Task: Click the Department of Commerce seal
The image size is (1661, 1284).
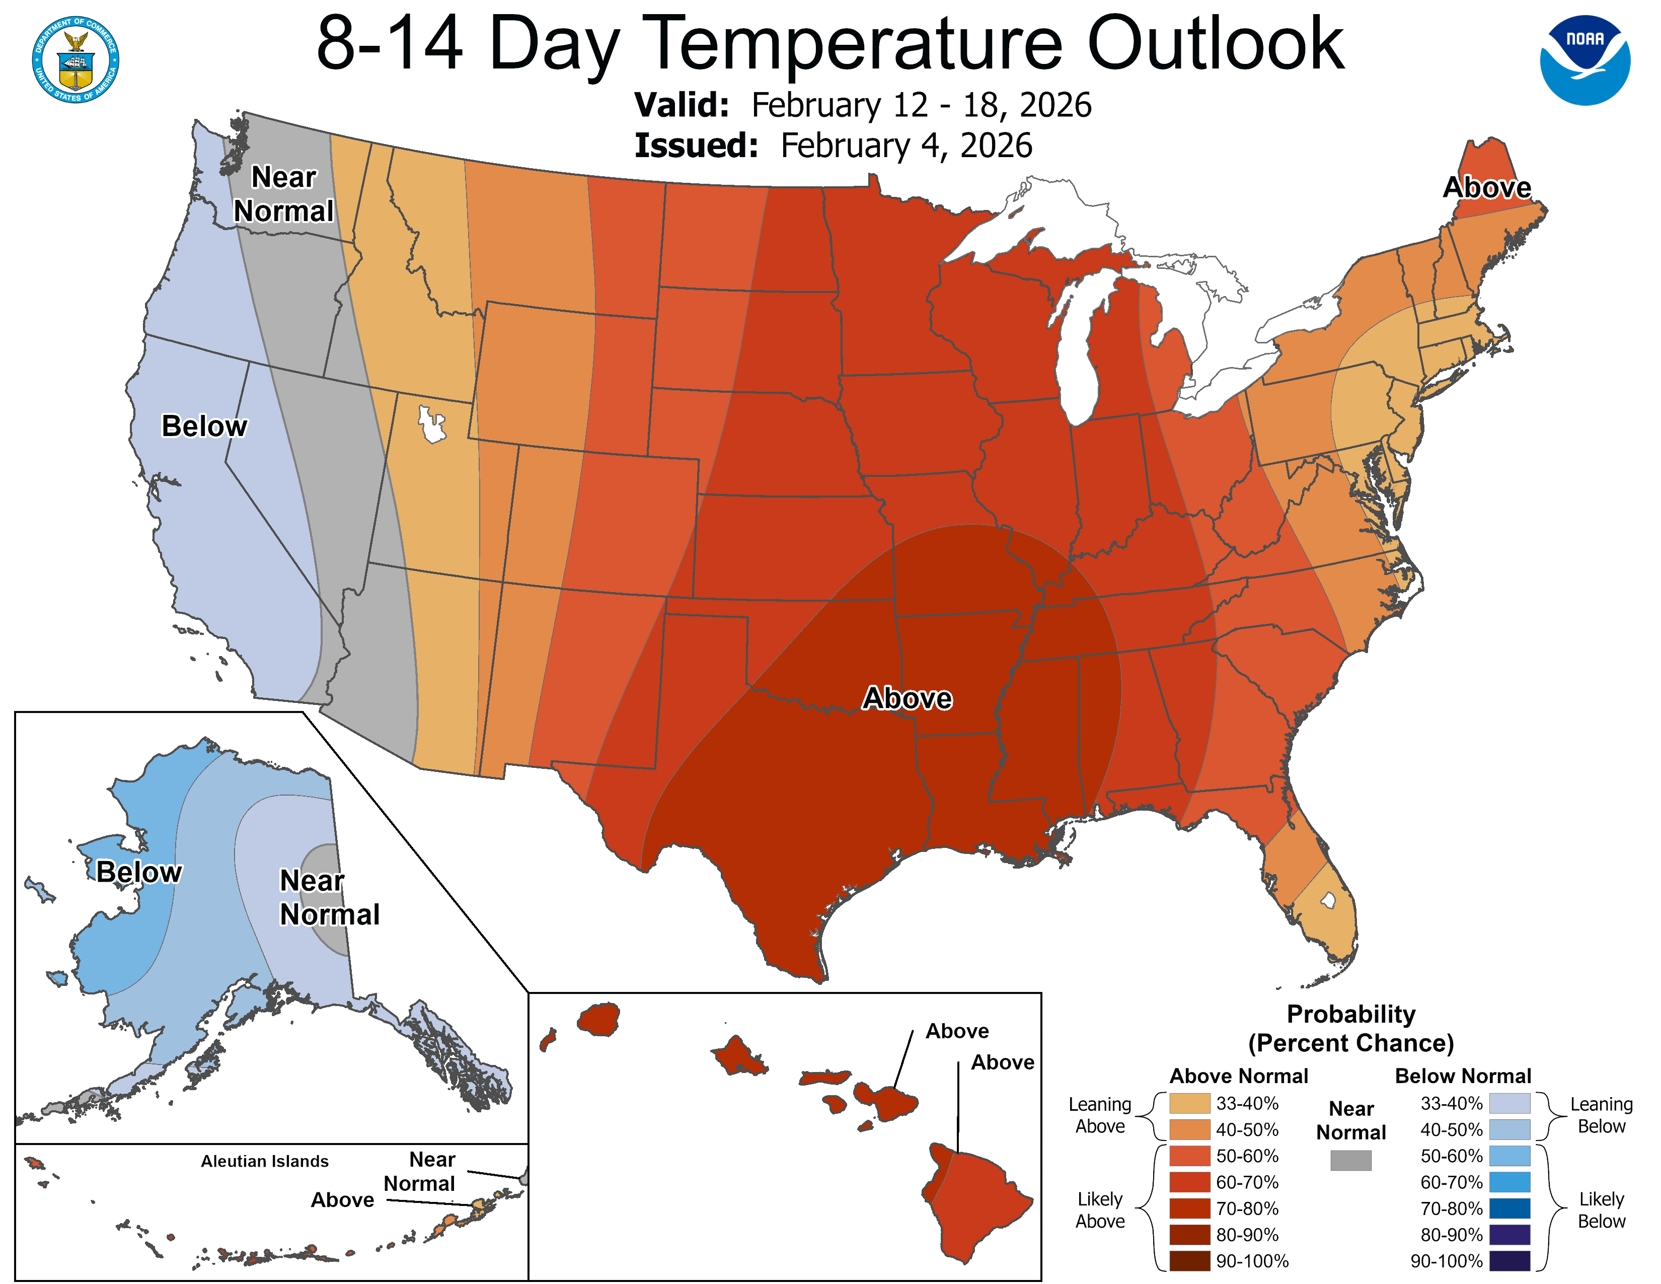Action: (75, 60)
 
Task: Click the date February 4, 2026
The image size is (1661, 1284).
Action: (906, 146)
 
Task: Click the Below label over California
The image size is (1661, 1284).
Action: (204, 426)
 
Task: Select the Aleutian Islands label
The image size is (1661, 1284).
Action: (265, 1161)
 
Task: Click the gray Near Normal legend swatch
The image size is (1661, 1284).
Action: (1351, 1160)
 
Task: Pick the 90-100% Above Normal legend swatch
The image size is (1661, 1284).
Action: (1189, 1260)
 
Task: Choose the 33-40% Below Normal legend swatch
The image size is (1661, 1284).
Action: (1509, 1103)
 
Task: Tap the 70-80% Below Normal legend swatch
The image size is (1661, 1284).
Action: (1509, 1208)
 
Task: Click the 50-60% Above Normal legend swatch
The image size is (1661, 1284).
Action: (1189, 1156)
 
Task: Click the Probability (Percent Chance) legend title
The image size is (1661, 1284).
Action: (1351, 1028)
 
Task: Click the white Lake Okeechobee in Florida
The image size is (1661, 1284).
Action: (1328, 901)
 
